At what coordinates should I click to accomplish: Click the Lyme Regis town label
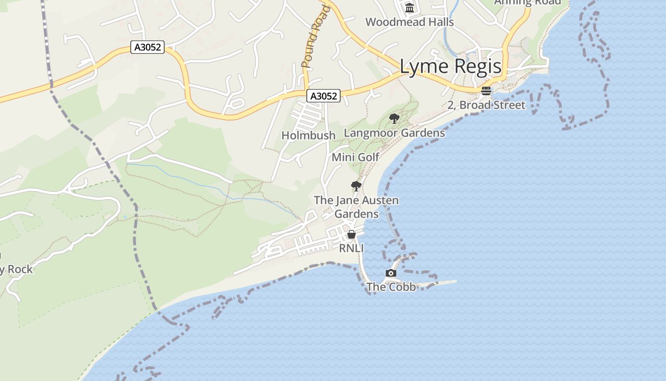451,67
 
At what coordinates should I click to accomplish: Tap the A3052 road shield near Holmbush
323,96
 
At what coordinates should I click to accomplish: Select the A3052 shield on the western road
147,47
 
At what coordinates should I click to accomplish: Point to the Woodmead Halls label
409,22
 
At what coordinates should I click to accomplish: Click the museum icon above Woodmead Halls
409,8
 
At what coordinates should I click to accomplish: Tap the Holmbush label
308,135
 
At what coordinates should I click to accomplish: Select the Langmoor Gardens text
394,132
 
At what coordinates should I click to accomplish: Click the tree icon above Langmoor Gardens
394,118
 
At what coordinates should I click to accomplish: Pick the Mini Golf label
355,157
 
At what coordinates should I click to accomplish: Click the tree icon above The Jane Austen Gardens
356,186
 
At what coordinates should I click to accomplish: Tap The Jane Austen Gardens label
356,207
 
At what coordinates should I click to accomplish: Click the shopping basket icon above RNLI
352,234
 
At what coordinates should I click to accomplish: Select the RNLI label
351,248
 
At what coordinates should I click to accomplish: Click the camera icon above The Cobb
391,273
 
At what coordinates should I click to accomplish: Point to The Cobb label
391,287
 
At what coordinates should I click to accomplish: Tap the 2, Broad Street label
486,105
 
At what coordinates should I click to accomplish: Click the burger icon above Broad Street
486,91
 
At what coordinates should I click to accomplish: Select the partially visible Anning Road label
528,2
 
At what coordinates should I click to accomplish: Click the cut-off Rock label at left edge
16,269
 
